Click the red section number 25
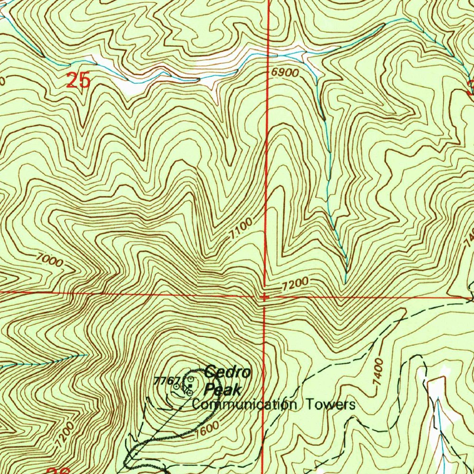[78, 81]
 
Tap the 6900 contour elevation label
[285, 73]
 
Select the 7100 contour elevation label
[241, 229]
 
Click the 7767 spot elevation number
[166, 380]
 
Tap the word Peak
[223, 390]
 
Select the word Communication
[244, 405]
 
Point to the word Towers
[331, 405]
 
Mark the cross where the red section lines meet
[263, 297]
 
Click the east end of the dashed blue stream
[87, 355]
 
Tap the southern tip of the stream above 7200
[346, 282]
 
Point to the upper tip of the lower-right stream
[437, 398]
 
